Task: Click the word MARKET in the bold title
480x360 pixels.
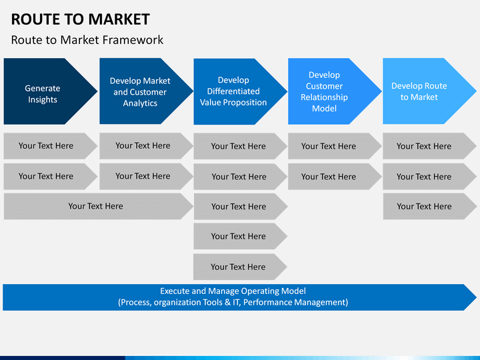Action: tap(119, 19)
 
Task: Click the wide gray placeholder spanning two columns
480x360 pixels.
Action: tap(99, 206)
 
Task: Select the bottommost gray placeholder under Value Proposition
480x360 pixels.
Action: tap(240, 267)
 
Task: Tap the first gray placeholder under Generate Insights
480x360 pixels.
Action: tap(51, 146)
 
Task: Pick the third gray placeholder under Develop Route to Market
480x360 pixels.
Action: tap(430, 206)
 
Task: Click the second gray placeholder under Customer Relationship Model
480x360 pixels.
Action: tap(335, 177)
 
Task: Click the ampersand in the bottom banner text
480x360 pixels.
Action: tap(227, 303)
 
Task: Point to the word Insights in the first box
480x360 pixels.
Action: tap(43, 100)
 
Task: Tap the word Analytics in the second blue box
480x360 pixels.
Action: tap(140, 103)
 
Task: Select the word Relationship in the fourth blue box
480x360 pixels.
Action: tap(324, 97)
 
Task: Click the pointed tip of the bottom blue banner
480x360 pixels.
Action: tap(476, 297)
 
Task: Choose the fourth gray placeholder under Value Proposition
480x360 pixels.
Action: tap(240, 236)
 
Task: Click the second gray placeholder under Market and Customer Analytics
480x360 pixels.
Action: tap(146, 176)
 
